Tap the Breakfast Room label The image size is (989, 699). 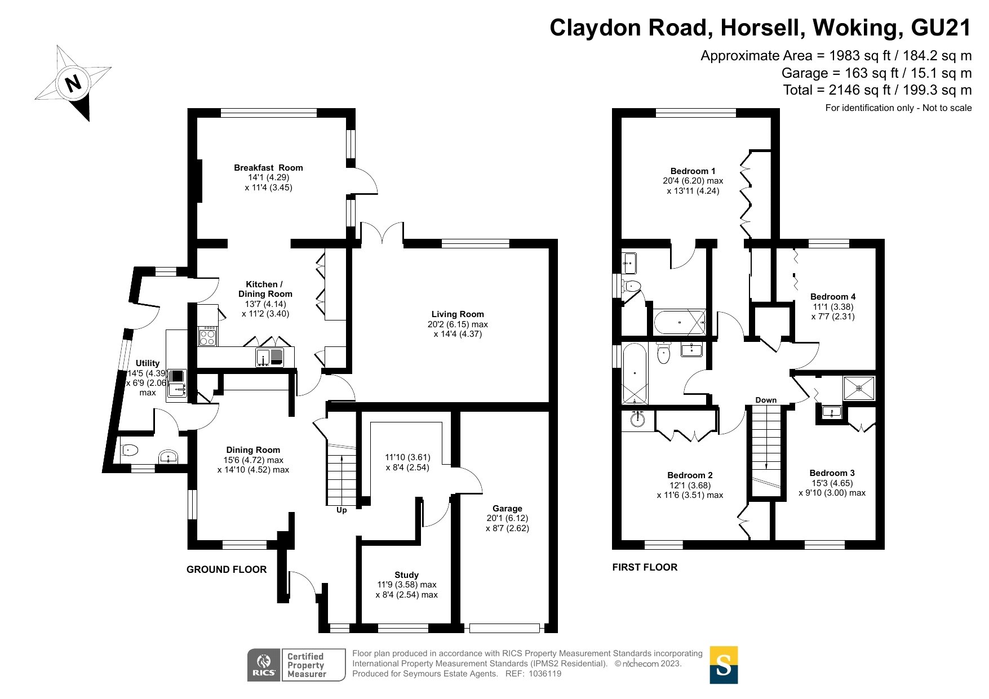click(x=268, y=168)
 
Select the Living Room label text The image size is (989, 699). click(x=458, y=314)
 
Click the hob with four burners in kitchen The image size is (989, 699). click(x=207, y=336)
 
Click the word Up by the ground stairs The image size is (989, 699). click(x=342, y=510)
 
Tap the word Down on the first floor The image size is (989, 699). click(x=766, y=400)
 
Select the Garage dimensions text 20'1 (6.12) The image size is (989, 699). click(x=507, y=518)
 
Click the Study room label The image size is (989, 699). click(x=406, y=575)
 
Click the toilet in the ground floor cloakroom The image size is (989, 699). click(x=130, y=450)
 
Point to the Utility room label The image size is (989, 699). click(x=148, y=363)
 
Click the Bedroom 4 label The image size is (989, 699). click(x=833, y=297)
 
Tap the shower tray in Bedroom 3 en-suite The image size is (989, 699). click(x=859, y=388)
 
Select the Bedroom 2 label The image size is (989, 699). click(x=690, y=475)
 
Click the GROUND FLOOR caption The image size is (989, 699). click(x=227, y=569)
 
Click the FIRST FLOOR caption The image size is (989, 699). click(x=645, y=567)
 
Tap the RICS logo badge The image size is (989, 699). click(x=264, y=665)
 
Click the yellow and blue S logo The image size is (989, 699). click(x=723, y=665)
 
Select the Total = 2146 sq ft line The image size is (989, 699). click(x=877, y=90)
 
